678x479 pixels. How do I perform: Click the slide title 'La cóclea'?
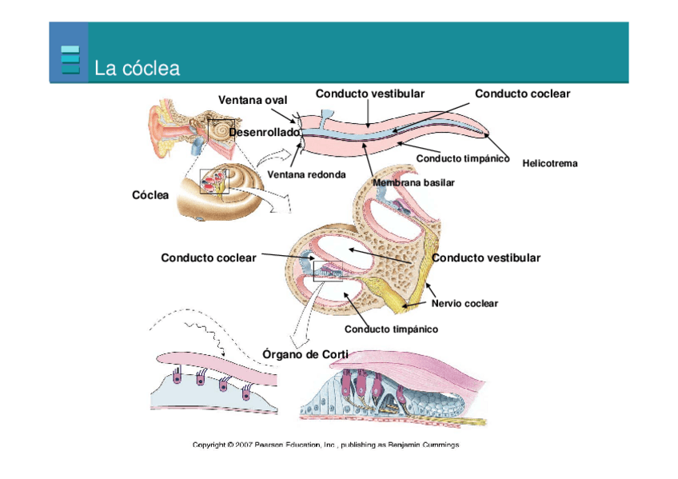tap(137, 68)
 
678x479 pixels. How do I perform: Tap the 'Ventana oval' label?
tap(253, 99)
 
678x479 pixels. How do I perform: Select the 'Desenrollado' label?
tap(264, 131)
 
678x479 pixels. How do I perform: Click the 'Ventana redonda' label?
tap(306, 174)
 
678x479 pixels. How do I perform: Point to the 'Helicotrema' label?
tap(549, 163)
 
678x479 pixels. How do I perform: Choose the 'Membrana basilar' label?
tap(413, 182)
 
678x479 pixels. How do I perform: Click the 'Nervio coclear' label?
tap(465, 303)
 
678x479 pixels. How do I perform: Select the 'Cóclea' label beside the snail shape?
tap(150, 195)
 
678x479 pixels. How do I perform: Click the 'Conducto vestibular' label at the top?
tap(369, 94)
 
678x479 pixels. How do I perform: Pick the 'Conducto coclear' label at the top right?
tap(522, 94)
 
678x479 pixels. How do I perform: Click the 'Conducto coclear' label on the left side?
tap(209, 257)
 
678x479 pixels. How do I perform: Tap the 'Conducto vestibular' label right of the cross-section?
tap(486, 257)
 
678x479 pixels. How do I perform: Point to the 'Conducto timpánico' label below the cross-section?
tap(391, 329)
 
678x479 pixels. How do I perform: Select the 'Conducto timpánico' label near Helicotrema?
tap(463, 158)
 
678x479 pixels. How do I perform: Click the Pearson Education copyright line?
tap(326, 445)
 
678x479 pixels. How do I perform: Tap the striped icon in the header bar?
tap(70, 59)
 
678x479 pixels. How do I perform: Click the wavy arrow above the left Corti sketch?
tap(205, 336)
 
